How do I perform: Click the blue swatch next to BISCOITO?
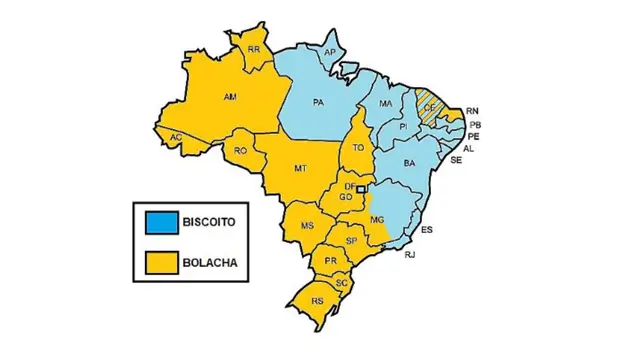click(x=159, y=221)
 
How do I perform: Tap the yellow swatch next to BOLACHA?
click(x=159, y=262)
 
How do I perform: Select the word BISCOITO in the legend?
click(x=209, y=221)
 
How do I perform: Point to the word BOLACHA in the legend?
click(x=209, y=263)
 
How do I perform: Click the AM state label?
click(x=230, y=98)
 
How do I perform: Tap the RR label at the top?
click(x=254, y=49)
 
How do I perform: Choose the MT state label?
click(x=299, y=169)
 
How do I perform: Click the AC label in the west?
click(x=177, y=137)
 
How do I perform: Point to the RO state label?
click(x=241, y=150)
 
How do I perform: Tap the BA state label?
click(x=409, y=162)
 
